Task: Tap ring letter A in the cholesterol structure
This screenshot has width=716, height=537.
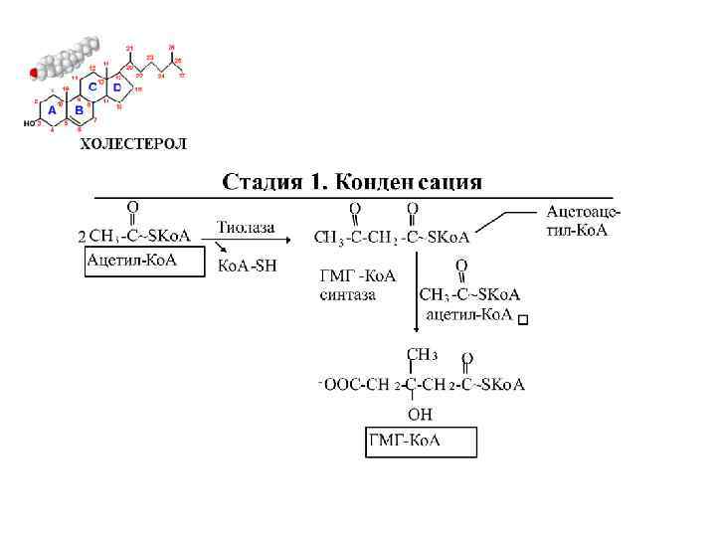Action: [x=53, y=109]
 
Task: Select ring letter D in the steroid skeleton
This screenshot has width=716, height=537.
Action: [x=118, y=88]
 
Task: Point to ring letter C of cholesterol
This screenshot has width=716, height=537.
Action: [x=93, y=88]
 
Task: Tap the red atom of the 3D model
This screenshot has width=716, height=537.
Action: [x=34, y=73]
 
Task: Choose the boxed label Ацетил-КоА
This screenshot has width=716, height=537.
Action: [x=131, y=260]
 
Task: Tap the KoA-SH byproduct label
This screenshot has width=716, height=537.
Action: [x=248, y=266]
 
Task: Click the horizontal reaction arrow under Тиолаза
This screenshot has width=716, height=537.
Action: [x=253, y=240]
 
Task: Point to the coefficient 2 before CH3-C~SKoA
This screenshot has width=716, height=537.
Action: [x=81, y=238]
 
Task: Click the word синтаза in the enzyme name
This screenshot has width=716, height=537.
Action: [x=347, y=294]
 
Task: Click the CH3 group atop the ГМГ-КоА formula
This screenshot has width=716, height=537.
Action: [x=422, y=354]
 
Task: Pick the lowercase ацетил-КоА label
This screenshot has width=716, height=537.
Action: [x=468, y=315]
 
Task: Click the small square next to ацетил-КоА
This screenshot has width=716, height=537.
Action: [x=524, y=319]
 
